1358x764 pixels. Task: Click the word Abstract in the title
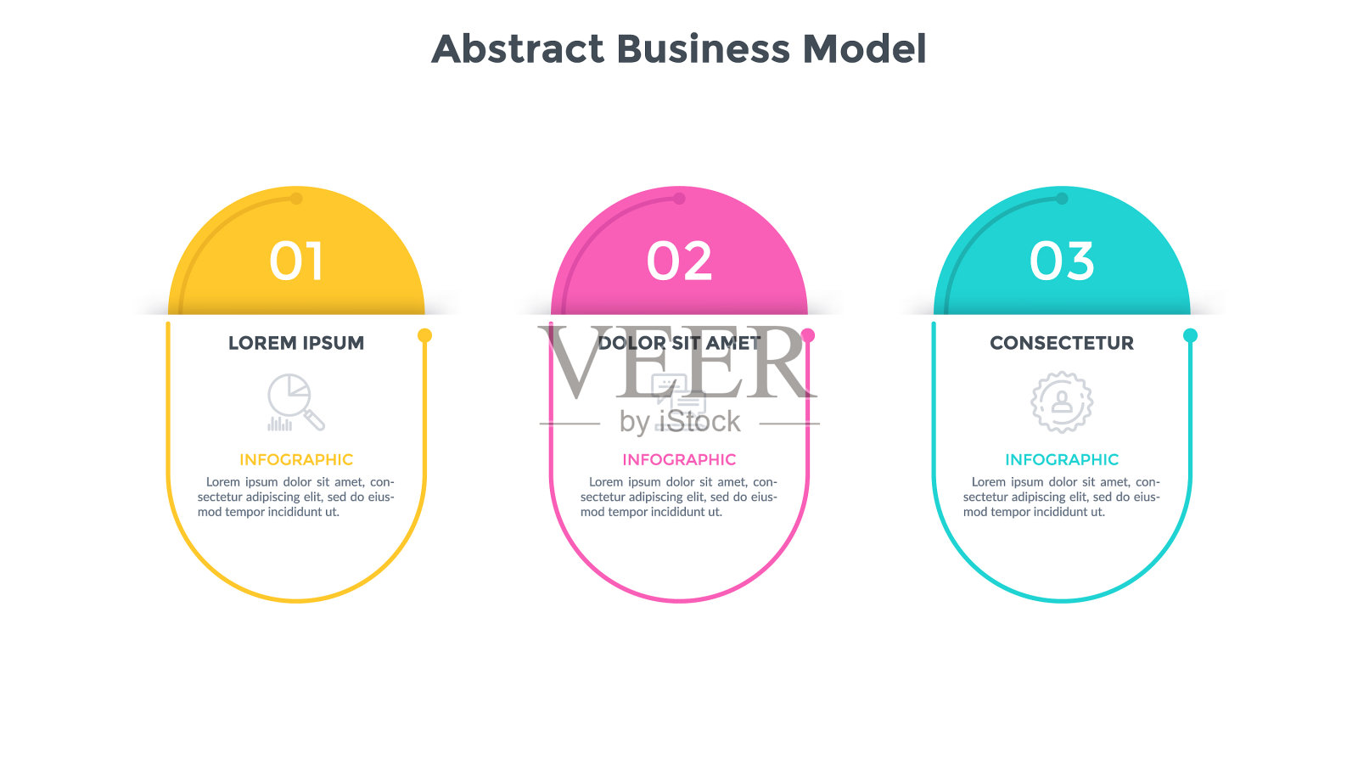click(518, 48)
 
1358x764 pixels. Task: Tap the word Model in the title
click(865, 48)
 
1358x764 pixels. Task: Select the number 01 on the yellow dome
click(296, 261)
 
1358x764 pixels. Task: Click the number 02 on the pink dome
click(679, 261)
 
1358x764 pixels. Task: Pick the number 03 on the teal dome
click(1062, 261)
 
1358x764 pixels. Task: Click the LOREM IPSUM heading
click(296, 343)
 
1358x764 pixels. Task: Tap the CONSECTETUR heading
click(1062, 343)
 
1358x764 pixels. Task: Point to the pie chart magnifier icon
click(296, 402)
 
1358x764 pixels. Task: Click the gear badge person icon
click(1062, 402)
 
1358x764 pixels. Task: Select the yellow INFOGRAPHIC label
click(296, 459)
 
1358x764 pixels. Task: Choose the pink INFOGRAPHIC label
click(679, 459)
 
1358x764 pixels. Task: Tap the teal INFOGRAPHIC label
click(1062, 459)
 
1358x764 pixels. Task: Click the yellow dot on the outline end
click(425, 335)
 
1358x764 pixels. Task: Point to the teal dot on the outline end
click(1190, 335)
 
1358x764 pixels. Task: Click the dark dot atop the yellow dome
click(296, 199)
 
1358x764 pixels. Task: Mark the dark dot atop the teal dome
click(1062, 199)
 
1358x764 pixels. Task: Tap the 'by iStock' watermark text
click(680, 422)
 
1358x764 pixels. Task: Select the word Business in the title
click(704, 48)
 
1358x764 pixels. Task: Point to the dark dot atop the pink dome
click(679, 199)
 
